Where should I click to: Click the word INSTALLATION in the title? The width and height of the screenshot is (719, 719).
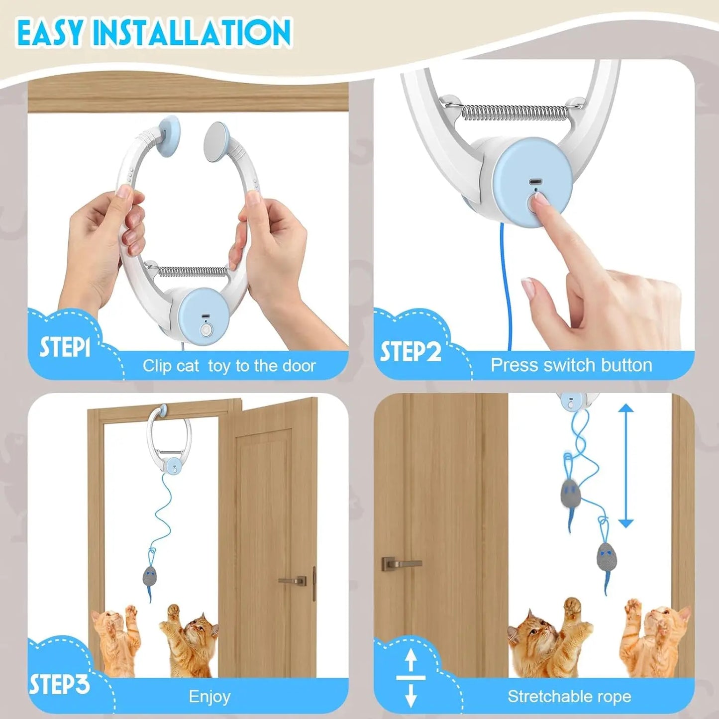point(192,32)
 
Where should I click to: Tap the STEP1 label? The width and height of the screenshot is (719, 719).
point(65,347)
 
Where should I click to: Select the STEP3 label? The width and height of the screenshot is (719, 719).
point(59,685)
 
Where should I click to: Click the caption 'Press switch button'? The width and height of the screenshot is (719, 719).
point(571,365)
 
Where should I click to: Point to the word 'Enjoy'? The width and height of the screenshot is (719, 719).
point(209,697)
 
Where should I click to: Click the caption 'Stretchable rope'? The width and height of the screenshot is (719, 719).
point(569,697)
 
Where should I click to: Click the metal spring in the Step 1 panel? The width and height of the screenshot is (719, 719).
point(192,272)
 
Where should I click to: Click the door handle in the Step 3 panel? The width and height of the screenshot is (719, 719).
point(293,581)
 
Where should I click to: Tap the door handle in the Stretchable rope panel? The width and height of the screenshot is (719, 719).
point(401,564)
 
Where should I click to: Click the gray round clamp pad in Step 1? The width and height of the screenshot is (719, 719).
point(216,141)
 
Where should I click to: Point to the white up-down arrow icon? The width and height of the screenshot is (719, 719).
point(411,678)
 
